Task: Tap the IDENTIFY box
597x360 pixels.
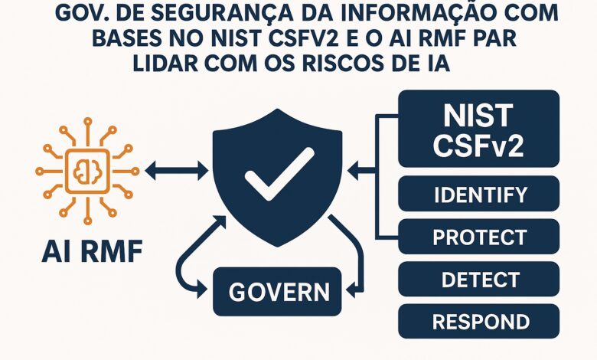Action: coord(479,195)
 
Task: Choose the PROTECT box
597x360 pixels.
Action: coord(479,237)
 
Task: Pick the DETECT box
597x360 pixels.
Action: coord(479,280)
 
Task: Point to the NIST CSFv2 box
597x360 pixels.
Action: coord(479,129)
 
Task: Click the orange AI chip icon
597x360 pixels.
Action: coord(87,172)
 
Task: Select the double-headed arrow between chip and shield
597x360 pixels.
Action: coord(175,171)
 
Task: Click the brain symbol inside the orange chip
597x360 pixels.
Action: coord(87,172)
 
